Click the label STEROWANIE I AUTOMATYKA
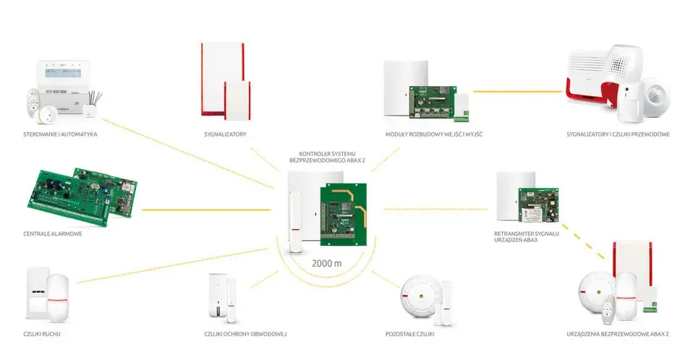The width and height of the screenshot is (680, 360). (60, 134)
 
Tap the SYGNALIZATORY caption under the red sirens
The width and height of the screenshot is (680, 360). (225, 134)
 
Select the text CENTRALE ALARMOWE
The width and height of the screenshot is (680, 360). (53, 233)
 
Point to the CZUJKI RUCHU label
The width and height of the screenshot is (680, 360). (42, 334)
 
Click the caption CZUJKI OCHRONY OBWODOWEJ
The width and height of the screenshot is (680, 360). (245, 334)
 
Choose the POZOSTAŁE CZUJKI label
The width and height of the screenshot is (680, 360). (410, 334)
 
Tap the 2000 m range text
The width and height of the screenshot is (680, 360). (326, 263)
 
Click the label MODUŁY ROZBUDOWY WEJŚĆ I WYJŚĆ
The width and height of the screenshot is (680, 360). (433, 134)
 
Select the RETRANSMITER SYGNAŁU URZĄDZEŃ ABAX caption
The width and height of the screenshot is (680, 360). (527, 236)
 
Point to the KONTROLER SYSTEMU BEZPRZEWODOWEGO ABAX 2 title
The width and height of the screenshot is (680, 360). (328, 157)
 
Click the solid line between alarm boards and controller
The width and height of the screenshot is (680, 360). (206, 210)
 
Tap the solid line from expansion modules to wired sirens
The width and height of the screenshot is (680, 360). (517, 91)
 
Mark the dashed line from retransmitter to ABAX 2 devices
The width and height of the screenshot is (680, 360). (583, 241)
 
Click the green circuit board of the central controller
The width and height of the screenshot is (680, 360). (344, 215)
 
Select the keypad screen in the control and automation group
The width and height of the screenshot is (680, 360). (64, 72)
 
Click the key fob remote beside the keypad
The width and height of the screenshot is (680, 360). (33, 103)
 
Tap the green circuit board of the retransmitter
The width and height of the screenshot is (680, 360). (538, 205)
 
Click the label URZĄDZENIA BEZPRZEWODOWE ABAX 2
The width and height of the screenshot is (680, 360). (618, 334)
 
